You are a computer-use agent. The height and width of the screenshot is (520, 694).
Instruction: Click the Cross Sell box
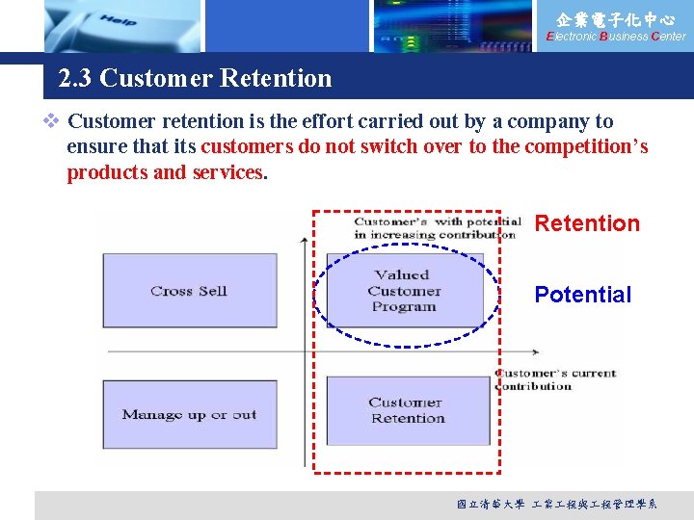pos(189,291)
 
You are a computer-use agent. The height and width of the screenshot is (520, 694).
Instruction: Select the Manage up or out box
pos(189,415)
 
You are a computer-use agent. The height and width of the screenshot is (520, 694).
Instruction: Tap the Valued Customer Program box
pos(404,291)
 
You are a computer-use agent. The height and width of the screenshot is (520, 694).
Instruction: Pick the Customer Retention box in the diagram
pos(408,410)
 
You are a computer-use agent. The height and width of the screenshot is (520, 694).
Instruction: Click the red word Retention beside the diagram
pos(586,223)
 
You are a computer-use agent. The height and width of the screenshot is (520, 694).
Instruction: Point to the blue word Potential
pos(582,295)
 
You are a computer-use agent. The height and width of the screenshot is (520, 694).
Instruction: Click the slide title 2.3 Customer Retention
pos(195,79)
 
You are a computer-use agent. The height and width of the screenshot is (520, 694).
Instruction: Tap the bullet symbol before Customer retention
pos(52,121)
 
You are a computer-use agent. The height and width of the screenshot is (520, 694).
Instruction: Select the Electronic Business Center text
pos(615,37)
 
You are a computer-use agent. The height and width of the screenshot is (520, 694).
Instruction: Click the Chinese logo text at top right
pos(615,18)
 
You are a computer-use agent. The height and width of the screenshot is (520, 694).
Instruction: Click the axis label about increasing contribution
pos(437,228)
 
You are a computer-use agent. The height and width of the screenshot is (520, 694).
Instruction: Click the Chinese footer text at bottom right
pos(556,505)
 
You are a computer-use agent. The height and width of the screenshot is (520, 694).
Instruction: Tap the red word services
pos(227,172)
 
